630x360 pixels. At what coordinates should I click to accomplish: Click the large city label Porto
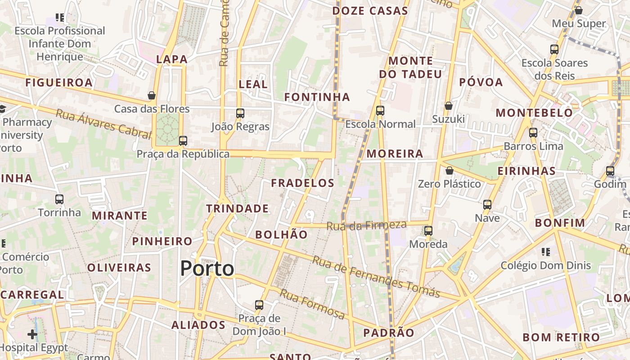207,269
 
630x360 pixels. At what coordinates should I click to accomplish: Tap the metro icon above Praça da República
183,140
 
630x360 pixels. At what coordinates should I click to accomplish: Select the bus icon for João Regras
240,113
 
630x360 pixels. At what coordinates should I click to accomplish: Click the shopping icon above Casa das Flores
152,95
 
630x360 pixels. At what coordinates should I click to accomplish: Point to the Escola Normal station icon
380,110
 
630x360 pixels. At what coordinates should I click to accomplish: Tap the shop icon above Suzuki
448,106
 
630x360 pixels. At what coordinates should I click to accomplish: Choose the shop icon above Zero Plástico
449,171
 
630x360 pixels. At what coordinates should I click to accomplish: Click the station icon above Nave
487,205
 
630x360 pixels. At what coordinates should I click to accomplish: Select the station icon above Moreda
428,231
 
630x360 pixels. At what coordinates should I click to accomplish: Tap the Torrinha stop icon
59,199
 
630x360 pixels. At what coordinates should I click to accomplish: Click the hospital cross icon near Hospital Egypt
32,334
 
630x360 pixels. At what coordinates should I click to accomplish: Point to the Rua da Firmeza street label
366,225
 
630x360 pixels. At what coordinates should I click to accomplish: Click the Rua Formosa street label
312,304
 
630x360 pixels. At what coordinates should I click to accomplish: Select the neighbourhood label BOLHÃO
281,234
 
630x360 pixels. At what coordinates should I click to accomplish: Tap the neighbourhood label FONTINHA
317,97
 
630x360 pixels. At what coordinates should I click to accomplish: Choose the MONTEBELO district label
534,112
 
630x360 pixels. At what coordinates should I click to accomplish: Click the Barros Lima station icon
533,133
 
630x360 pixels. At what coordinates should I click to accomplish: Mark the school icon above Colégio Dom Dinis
546,252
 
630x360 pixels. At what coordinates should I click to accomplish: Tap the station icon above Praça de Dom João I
259,305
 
